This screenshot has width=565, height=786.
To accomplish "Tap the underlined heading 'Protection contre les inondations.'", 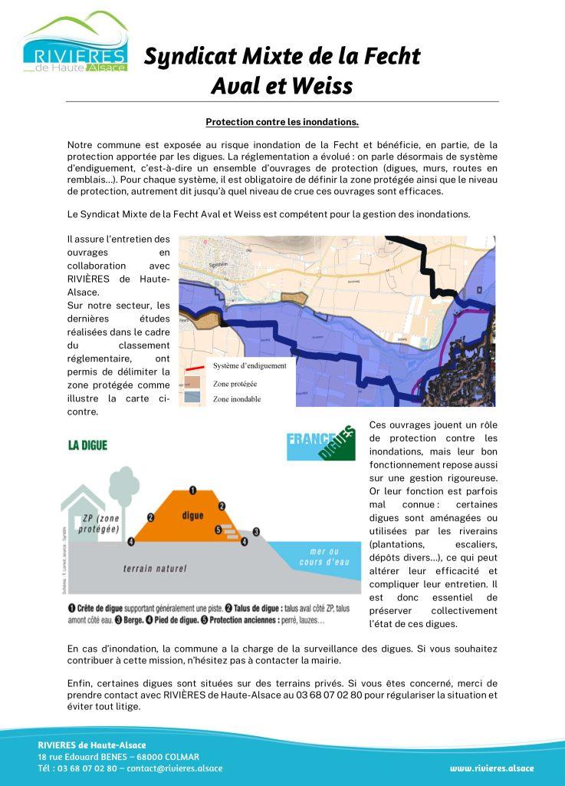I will tap(282, 121).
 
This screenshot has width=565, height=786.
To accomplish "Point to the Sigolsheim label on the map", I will tap(201, 262).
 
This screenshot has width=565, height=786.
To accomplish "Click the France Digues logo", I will tap(320, 443).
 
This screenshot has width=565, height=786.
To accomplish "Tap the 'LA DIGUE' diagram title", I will tap(87, 444).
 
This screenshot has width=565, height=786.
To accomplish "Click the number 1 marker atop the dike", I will tap(192, 489).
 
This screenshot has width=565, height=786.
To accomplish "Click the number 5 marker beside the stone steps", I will tap(218, 530).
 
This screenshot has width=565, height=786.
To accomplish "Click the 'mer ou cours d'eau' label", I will tap(323, 556).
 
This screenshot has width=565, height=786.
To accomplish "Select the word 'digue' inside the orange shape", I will tap(192, 517).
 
